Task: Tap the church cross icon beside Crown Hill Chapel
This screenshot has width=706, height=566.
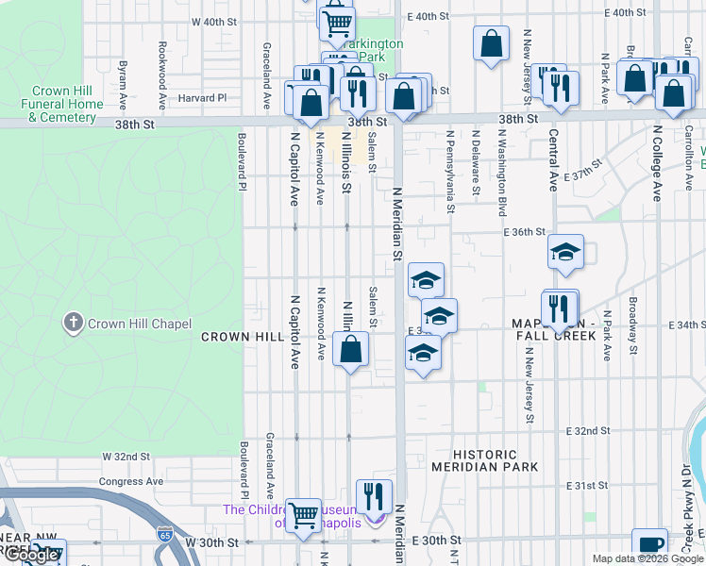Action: click(x=73, y=324)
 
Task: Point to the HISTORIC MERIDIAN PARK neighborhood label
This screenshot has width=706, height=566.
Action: click(x=485, y=460)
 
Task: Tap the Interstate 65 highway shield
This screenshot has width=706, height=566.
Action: click(x=165, y=535)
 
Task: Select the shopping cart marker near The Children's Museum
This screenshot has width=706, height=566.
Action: click(x=304, y=515)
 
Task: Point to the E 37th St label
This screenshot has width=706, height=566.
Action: click(x=582, y=176)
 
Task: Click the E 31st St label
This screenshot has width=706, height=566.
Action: click(x=587, y=485)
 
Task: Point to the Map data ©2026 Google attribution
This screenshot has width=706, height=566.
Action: click(x=647, y=558)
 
